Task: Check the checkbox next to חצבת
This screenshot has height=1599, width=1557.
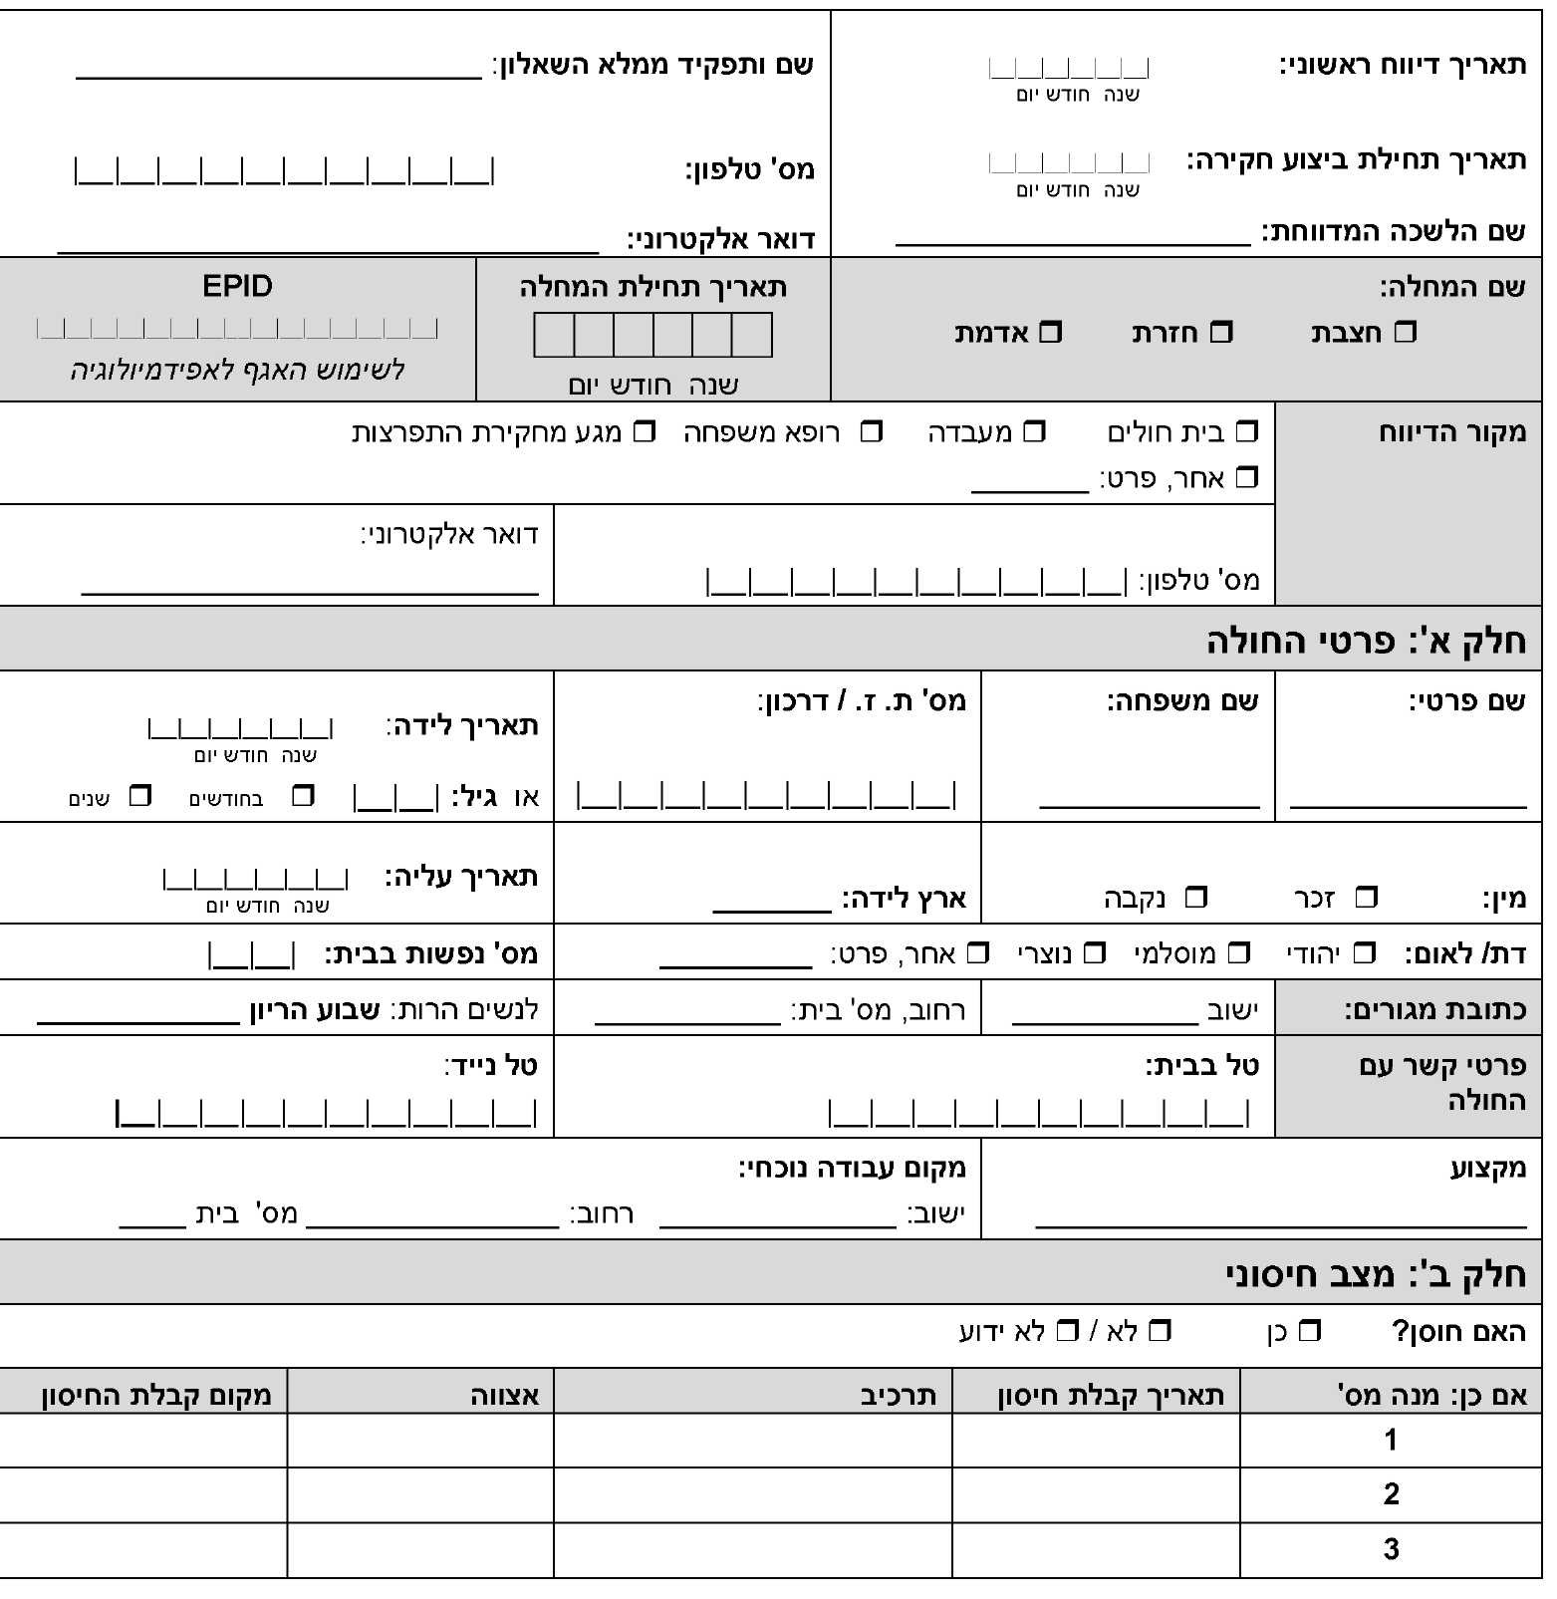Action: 1405,332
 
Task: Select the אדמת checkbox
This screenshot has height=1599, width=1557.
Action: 1051,332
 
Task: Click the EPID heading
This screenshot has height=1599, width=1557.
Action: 237,287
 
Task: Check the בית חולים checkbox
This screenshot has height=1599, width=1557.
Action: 1246,432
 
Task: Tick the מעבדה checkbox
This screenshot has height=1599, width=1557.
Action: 1035,432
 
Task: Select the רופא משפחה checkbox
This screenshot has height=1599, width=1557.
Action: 872,432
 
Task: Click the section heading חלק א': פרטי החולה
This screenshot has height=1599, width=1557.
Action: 1366,641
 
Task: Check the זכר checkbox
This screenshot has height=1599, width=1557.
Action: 1367,898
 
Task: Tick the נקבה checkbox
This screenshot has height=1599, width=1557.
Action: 1195,898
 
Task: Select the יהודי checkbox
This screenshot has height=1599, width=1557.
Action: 1364,953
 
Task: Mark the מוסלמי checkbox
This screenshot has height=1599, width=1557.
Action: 1238,953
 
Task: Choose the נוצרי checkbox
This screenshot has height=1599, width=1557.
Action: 1094,953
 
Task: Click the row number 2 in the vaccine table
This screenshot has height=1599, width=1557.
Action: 1391,1494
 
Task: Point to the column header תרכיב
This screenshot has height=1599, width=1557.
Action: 899,1395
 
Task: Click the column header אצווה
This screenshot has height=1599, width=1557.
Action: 505,1395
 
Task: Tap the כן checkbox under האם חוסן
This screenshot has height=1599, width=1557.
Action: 1310,1331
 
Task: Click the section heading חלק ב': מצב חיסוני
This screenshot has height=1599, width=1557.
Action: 1375,1274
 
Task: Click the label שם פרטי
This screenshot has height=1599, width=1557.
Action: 1466,701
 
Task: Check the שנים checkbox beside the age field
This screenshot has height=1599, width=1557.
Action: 140,796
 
